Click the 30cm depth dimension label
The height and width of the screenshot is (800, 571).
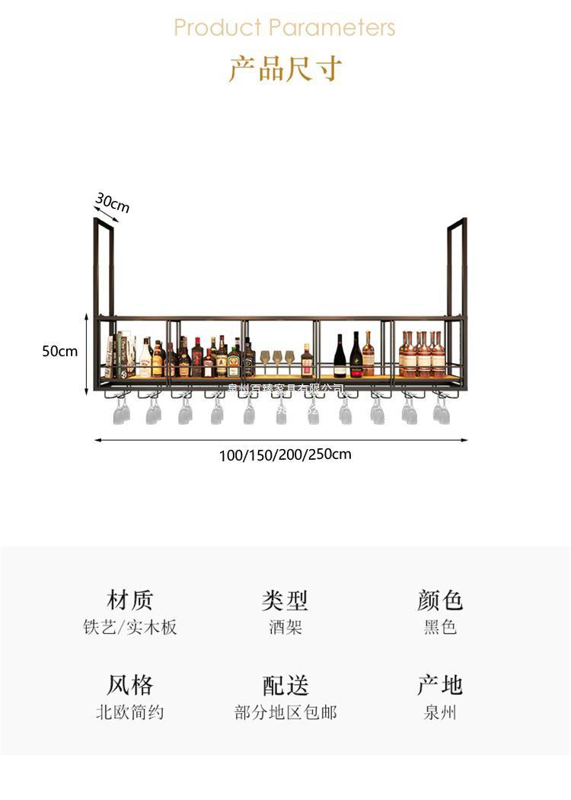tap(113, 203)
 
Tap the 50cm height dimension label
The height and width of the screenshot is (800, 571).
tap(59, 351)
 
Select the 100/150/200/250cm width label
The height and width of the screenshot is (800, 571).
tap(285, 455)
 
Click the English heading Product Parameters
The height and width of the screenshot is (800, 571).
tap(285, 27)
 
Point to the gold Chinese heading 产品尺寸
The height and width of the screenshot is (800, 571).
tap(285, 69)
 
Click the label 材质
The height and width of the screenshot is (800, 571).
tap(130, 599)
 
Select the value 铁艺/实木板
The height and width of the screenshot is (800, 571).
tap(130, 627)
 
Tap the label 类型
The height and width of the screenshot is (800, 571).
tap(285, 599)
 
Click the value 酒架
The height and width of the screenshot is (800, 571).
tap(285, 627)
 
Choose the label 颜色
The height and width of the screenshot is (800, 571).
tap(440, 599)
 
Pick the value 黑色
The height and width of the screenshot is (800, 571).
tap(440, 627)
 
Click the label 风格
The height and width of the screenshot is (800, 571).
tap(130, 684)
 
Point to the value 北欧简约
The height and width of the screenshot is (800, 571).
tap(130, 712)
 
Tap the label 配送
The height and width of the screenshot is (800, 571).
tap(285, 684)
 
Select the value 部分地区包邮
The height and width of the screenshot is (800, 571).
tap(285, 712)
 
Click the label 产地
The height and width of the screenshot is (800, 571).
tap(440, 684)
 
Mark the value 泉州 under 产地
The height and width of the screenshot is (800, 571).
tap(440, 712)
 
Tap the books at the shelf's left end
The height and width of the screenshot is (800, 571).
tap(119, 355)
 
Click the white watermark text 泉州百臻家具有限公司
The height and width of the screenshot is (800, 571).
tap(285, 390)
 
